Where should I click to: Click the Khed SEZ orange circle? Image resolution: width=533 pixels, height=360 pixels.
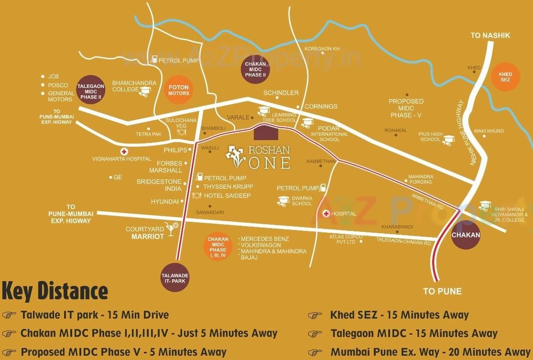[505, 77]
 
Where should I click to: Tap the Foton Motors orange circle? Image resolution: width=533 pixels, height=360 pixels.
[179, 90]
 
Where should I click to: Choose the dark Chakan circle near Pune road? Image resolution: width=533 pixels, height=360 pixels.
[466, 235]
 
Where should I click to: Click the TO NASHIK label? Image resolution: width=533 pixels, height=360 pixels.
[490, 35]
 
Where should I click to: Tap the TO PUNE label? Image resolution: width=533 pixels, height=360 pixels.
[442, 291]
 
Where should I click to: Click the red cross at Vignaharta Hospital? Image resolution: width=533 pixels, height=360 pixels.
[124, 152]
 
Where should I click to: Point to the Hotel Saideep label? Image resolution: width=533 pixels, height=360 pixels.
[227, 196]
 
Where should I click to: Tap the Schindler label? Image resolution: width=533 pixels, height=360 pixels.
[281, 93]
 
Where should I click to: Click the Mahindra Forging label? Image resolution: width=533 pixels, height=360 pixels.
[420, 179]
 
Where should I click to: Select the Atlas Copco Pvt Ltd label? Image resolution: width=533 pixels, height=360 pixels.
[346, 239]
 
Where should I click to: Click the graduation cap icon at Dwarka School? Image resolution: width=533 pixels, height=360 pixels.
[283, 201]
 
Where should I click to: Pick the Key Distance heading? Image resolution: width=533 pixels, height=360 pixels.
[55, 291]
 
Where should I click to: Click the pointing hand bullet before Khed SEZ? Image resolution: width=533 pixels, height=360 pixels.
[315, 316]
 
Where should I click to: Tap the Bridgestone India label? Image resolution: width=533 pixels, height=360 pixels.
[159, 185]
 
